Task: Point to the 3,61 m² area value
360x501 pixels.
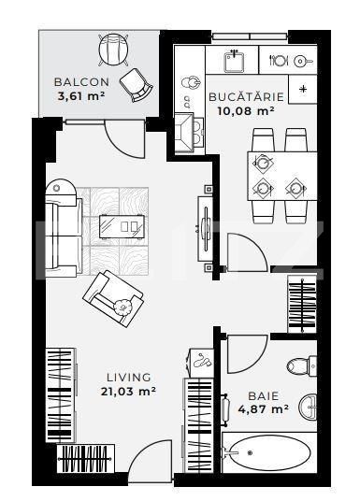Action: click(79, 94)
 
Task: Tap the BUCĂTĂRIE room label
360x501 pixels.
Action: click(240, 96)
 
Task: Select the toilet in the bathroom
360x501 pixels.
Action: click(302, 365)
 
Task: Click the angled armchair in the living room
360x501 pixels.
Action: click(110, 294)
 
